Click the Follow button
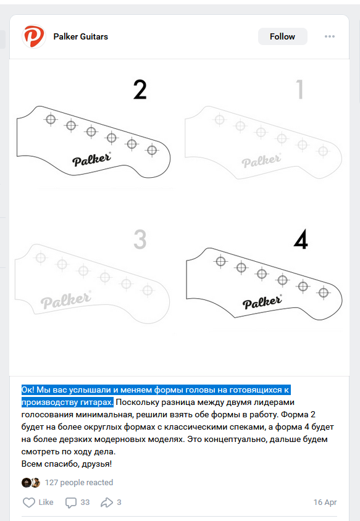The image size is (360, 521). point(283,36)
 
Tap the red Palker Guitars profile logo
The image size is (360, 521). point(33,36)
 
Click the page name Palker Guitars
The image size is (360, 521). point(81,36)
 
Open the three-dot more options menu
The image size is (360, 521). point(329,36)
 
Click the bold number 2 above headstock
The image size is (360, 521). point(140,90)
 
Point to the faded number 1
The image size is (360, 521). point(300,90)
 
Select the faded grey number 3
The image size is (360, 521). point(140,240)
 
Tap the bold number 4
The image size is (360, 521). point(301,240)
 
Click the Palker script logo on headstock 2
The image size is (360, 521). point(92,159)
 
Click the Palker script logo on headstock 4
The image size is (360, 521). point(262,302)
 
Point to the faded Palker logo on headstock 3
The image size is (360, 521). point(65,300)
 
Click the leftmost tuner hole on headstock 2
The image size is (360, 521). point(51,119)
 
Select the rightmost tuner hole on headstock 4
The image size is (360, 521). point(324,293)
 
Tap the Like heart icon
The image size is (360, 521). point(29,502)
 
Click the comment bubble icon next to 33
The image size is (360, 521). point(71,502)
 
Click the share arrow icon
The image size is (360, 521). point(107,502)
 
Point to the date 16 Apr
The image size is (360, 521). point(325,502)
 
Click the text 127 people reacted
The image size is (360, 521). point(79,483)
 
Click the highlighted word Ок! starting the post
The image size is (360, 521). point(28,390)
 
